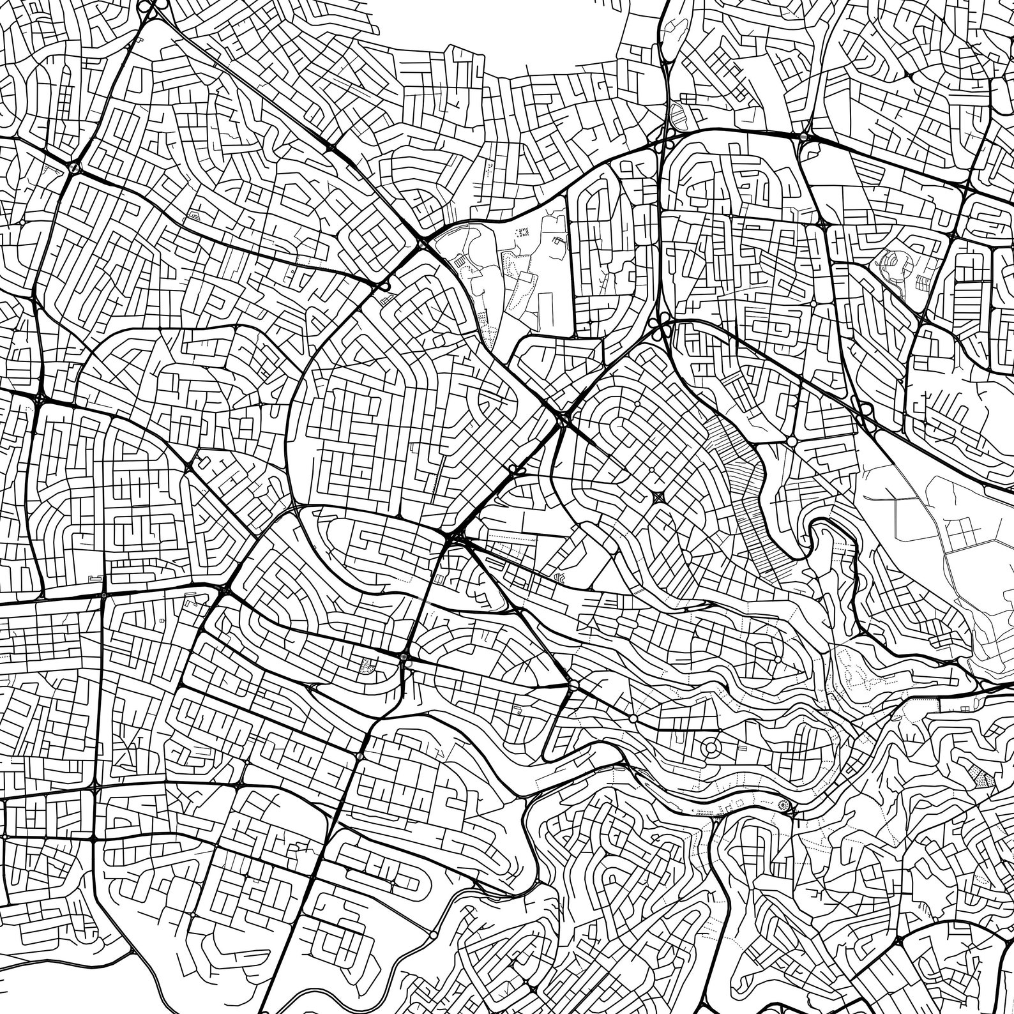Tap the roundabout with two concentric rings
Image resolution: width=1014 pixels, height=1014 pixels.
click(x=709, y=746)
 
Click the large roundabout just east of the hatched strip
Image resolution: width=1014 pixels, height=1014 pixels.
click(x=792, y=441)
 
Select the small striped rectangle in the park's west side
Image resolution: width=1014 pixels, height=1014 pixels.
click(x=460, y=262)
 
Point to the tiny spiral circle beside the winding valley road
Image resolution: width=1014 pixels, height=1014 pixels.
click(x=783, y=805)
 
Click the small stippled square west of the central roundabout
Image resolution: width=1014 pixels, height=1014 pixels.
click(x=366, y=666)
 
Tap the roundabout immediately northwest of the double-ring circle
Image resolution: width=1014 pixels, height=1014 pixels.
click(x=633, y=719)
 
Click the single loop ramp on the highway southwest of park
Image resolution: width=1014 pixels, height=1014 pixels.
click(x=386, y=287)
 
